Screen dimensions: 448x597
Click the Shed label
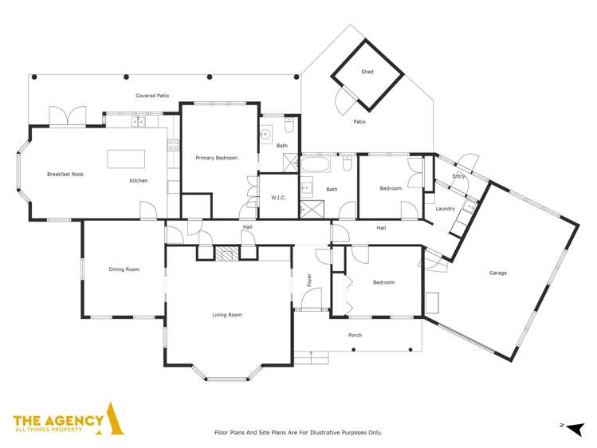[367, 72]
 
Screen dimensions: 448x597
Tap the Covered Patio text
[151, 96]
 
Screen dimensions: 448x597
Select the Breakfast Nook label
[64, 174]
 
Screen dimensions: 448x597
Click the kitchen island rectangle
[128, 159]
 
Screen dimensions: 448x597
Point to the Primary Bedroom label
[216, 158]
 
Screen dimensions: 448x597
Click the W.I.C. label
[278, 197]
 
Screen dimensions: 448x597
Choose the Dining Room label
[124, 269]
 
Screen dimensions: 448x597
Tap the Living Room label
[226, 315]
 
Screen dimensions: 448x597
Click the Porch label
[355, 335]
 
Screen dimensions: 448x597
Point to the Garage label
[498, 273]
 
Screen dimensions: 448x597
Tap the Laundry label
[445, 209]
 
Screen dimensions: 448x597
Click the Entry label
[458, 176]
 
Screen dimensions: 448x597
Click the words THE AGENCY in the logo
[58, 419]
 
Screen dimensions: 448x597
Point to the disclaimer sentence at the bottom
[298, 432]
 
